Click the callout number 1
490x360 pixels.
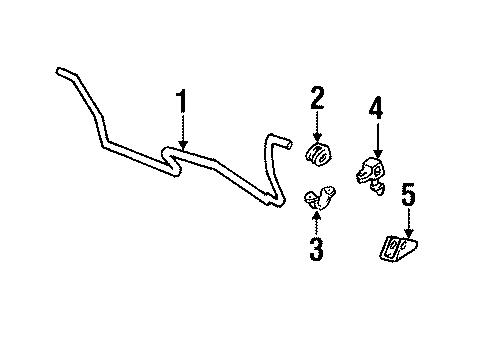pos(182,102)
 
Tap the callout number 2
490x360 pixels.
pos(317,98)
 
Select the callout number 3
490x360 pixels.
pos(316,248)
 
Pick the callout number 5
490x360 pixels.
pos(408,195)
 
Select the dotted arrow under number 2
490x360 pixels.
pos(317,127)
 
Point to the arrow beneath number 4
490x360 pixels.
pos(376,138)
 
